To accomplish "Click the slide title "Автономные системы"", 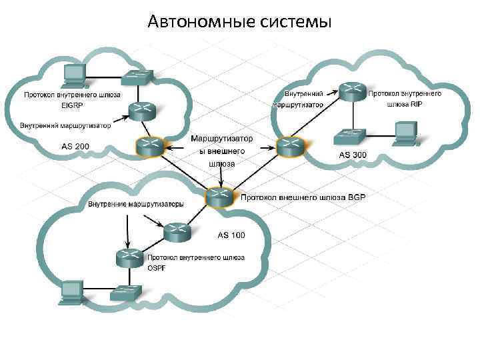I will coord(240,22).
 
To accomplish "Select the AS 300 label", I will coord(353,155).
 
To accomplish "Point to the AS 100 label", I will coord(231,235).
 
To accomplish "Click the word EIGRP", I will coord(70,105).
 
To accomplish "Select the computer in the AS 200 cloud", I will coord(72,75).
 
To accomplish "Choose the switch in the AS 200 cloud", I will coord(138,76).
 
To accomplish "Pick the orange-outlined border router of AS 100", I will coord(219,197).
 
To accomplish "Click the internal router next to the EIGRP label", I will coord(141,111).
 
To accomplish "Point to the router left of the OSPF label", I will coord(129,257).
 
